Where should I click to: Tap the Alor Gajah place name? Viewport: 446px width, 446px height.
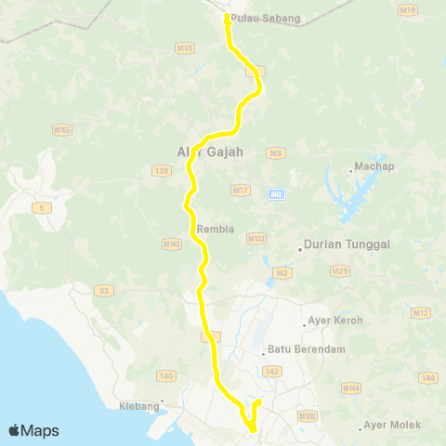[209, 151]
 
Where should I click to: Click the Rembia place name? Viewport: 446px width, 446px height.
[209, 230]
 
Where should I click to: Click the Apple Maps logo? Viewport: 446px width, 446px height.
[33, 430]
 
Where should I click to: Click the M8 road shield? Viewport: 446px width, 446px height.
[275, 151]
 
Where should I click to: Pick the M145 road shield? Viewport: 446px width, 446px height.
[171, 244]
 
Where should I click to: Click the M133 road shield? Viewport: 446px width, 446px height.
[256, 239]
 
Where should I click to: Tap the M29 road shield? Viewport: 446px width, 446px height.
[340, 270]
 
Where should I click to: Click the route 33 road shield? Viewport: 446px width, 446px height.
[104, 291]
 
